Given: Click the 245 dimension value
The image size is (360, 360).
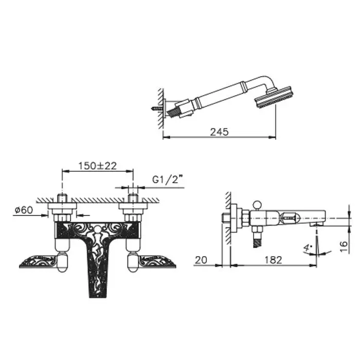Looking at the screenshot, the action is point(219,132).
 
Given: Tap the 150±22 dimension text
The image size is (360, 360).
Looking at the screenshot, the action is point(98,166).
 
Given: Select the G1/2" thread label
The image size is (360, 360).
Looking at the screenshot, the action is point(169,179).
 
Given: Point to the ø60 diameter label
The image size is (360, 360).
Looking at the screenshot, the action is point(24,210).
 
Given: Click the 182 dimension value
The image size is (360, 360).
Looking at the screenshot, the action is point(273,260).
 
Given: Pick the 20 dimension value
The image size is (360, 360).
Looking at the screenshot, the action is point(201,260).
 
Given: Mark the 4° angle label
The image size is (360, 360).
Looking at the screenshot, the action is point(307,248).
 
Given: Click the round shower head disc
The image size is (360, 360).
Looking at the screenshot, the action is point(273,97).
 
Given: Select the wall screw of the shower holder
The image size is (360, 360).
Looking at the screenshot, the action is point(157,109).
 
